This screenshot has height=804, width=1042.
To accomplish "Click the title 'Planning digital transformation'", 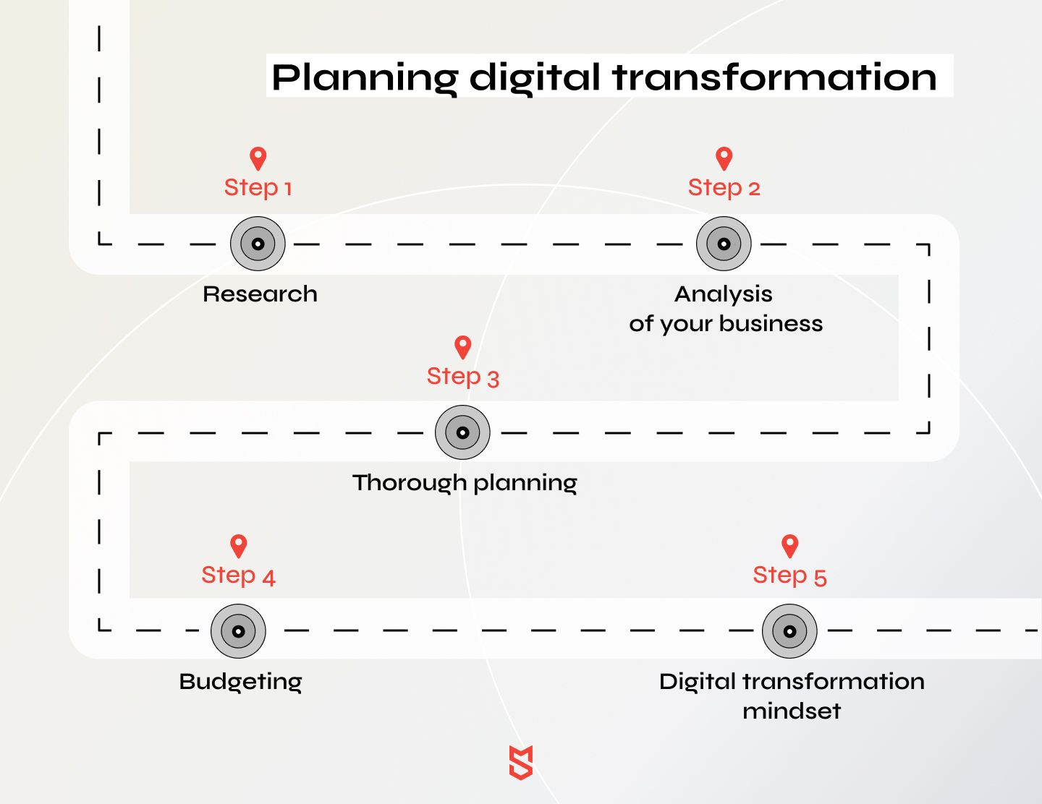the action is tap(603, 78).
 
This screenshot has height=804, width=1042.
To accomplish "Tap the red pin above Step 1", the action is tap(258, 158).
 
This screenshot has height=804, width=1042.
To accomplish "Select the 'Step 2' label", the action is tap(724, 187).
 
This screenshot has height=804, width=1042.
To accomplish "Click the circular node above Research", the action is tap(258, 244).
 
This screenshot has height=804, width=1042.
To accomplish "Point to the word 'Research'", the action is tap(260, 294).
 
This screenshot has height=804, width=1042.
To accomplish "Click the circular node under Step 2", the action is tap(724, 244).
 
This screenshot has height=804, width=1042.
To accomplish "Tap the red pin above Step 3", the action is tap(462, 347).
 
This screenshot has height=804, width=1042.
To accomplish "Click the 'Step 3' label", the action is tap(462, 377).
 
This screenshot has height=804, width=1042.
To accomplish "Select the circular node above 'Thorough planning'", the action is tap(462, 432).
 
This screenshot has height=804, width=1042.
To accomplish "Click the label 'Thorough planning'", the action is tap(465, 483).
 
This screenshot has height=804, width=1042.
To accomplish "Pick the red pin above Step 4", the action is tap(239, 547).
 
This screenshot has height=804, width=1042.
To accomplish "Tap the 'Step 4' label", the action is tap(238, 576).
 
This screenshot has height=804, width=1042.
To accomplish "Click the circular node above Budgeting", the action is tap(238, 631).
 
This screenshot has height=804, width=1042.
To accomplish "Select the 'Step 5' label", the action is tap(789, 576).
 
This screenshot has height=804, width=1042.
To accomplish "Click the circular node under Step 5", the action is tap(789, 631).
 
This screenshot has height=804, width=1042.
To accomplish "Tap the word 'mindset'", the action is tap(792, 711).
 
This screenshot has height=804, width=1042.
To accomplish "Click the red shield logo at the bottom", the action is tap(521, 762).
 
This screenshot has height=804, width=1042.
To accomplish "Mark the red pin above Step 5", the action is tap(789, 547).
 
